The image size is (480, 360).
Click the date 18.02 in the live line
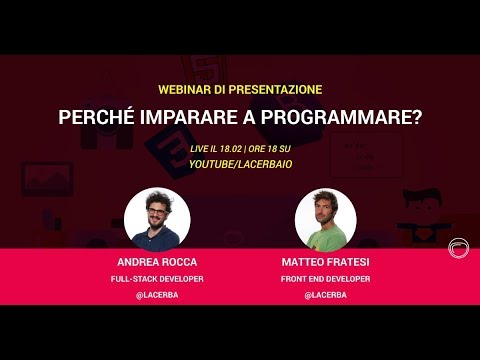coord(232,147)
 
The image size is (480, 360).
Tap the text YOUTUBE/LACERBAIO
coord(240,162)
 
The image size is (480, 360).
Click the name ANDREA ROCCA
coord(157,264)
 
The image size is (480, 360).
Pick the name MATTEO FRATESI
coord(325,264)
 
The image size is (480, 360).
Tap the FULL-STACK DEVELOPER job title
coord(157,280)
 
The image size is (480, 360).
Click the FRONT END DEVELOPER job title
coord(325,280)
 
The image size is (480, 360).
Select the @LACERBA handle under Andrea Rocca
coord(157,295)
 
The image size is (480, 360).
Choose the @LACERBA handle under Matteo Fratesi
coord(325,295)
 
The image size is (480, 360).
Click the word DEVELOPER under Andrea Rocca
coord(180,280)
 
